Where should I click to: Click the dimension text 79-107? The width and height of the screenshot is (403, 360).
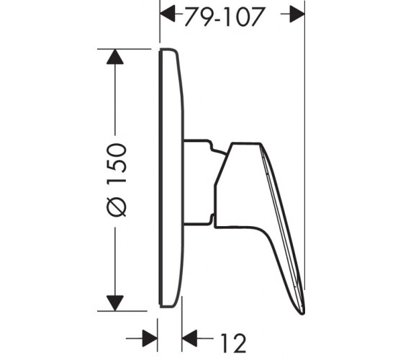(224, 17)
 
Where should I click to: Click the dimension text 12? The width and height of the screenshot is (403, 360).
(233, 343)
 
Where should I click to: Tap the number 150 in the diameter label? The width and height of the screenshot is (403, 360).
(117, 163)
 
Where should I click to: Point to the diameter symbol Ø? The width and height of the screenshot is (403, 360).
(117, 204)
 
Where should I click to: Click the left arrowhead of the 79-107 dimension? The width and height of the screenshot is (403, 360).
(168, 14)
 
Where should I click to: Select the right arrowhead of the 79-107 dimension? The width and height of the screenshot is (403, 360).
(296, 14)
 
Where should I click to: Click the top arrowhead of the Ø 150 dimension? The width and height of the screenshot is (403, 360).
(115, 57)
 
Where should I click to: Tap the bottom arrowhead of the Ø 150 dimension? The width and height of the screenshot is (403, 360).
(115, 303)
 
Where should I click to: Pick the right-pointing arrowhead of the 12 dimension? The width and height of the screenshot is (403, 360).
(150, 338)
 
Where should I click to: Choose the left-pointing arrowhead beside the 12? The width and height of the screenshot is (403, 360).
(189, 338)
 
